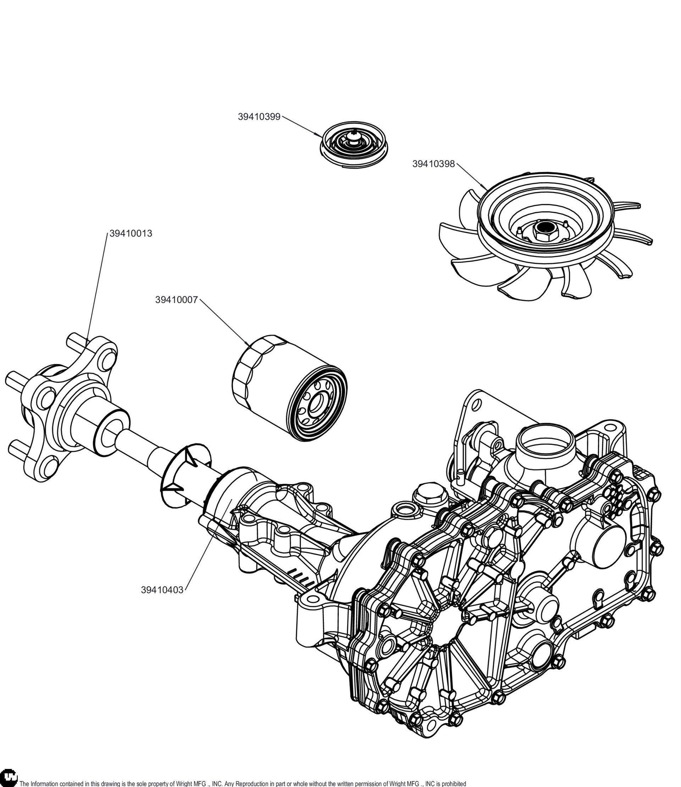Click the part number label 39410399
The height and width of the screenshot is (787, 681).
[x=259, y=117]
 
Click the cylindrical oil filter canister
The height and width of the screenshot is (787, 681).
[x=290, y=387]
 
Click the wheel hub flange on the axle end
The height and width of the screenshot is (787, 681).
[x=65, y=403]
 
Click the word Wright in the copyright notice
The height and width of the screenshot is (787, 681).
[x=184, y=783]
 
